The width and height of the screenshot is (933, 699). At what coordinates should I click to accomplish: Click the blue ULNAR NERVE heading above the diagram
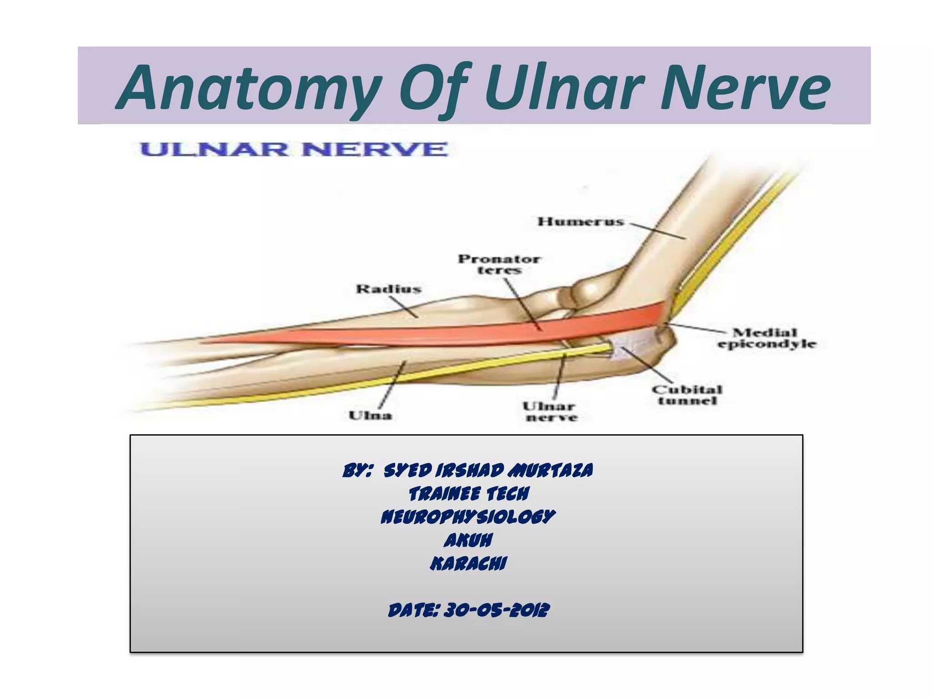coord(294,149)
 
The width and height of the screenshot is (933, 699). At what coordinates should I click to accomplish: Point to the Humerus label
coord(580,222)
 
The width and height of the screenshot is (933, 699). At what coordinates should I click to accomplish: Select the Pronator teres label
coord(499,264)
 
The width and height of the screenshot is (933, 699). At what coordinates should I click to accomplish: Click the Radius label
coord(388,289)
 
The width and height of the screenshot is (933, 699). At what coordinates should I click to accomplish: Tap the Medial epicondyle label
coord(766,339)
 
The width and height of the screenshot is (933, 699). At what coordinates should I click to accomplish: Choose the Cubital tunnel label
coord(687,395)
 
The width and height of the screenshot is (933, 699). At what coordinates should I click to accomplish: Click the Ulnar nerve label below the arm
coord(551,411)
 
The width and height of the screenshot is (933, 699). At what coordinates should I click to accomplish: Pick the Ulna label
coord(370,415)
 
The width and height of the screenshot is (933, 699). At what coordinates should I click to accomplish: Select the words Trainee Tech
coord(469,494)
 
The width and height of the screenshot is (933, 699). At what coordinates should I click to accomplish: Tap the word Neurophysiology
coord(468,517)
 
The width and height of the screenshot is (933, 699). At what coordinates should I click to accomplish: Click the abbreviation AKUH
coord(468,541)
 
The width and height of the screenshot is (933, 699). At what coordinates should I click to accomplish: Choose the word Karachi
coord(468,564)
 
